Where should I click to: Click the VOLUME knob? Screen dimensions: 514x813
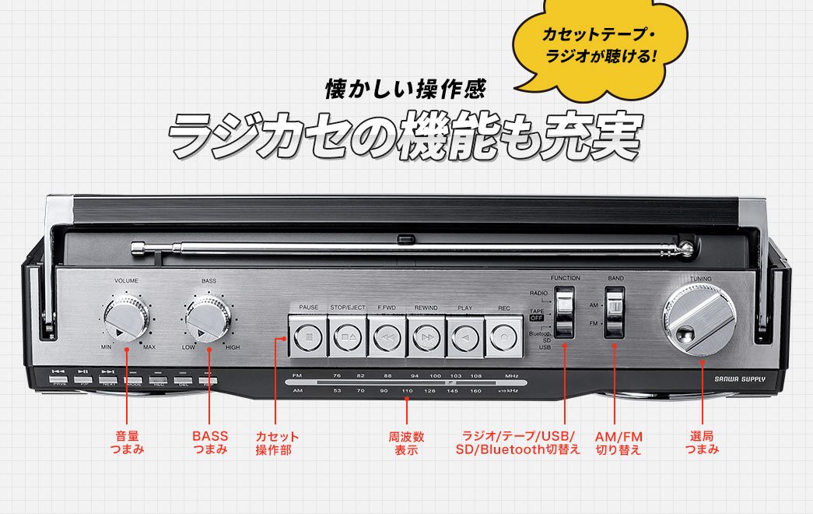coord(126,319)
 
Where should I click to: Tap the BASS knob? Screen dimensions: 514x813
coord(208,319)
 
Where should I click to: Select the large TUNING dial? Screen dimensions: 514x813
coord(698,320)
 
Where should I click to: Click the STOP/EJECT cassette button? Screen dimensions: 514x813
coord(347,337)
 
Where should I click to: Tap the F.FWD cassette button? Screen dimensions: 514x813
coord(387,337)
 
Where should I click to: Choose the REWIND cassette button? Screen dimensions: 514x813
coord(426,337)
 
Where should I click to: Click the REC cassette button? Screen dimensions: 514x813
coord(504,337)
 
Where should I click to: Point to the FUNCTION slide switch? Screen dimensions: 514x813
coord(565,312)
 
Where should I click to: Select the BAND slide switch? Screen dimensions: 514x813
coord(615,311)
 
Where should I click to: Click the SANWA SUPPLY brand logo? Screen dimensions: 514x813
coord(740,380)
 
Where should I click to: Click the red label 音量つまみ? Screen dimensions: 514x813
coord(127,442)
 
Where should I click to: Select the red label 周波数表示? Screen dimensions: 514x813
coord(406,442)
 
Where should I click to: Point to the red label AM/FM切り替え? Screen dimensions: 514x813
coord(619,442)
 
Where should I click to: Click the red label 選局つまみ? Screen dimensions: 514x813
coord(702,442)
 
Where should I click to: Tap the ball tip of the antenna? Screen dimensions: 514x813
coord(687,249)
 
